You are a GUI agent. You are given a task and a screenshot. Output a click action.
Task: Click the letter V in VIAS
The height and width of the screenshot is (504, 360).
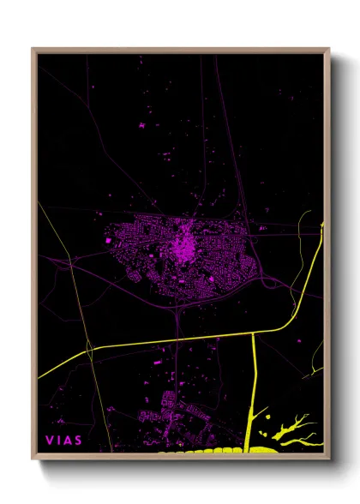coord(50,441)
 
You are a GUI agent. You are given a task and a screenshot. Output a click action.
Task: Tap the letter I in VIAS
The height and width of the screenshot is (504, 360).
coord(59,441)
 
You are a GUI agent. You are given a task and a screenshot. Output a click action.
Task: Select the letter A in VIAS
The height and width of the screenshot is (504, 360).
coord(69,441)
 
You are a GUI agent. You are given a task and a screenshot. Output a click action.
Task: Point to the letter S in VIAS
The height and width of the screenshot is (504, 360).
coord(80,441)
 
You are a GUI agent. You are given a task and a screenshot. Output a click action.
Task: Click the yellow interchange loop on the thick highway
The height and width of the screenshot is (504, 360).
coord(89,349)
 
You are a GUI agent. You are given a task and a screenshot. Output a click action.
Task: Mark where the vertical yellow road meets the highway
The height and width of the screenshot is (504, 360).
coord(255,333)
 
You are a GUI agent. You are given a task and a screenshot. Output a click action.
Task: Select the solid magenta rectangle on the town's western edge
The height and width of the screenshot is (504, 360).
coord(108,241)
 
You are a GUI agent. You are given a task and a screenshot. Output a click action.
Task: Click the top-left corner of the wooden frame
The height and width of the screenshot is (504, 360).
coord(33,50)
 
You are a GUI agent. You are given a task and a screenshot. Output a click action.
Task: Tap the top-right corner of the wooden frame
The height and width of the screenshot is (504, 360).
coord(329,50)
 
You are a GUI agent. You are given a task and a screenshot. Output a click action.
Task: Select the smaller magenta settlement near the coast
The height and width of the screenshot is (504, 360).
coord(171,411)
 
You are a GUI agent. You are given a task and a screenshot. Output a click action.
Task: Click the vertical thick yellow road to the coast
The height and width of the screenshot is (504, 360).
coord(255,377)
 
